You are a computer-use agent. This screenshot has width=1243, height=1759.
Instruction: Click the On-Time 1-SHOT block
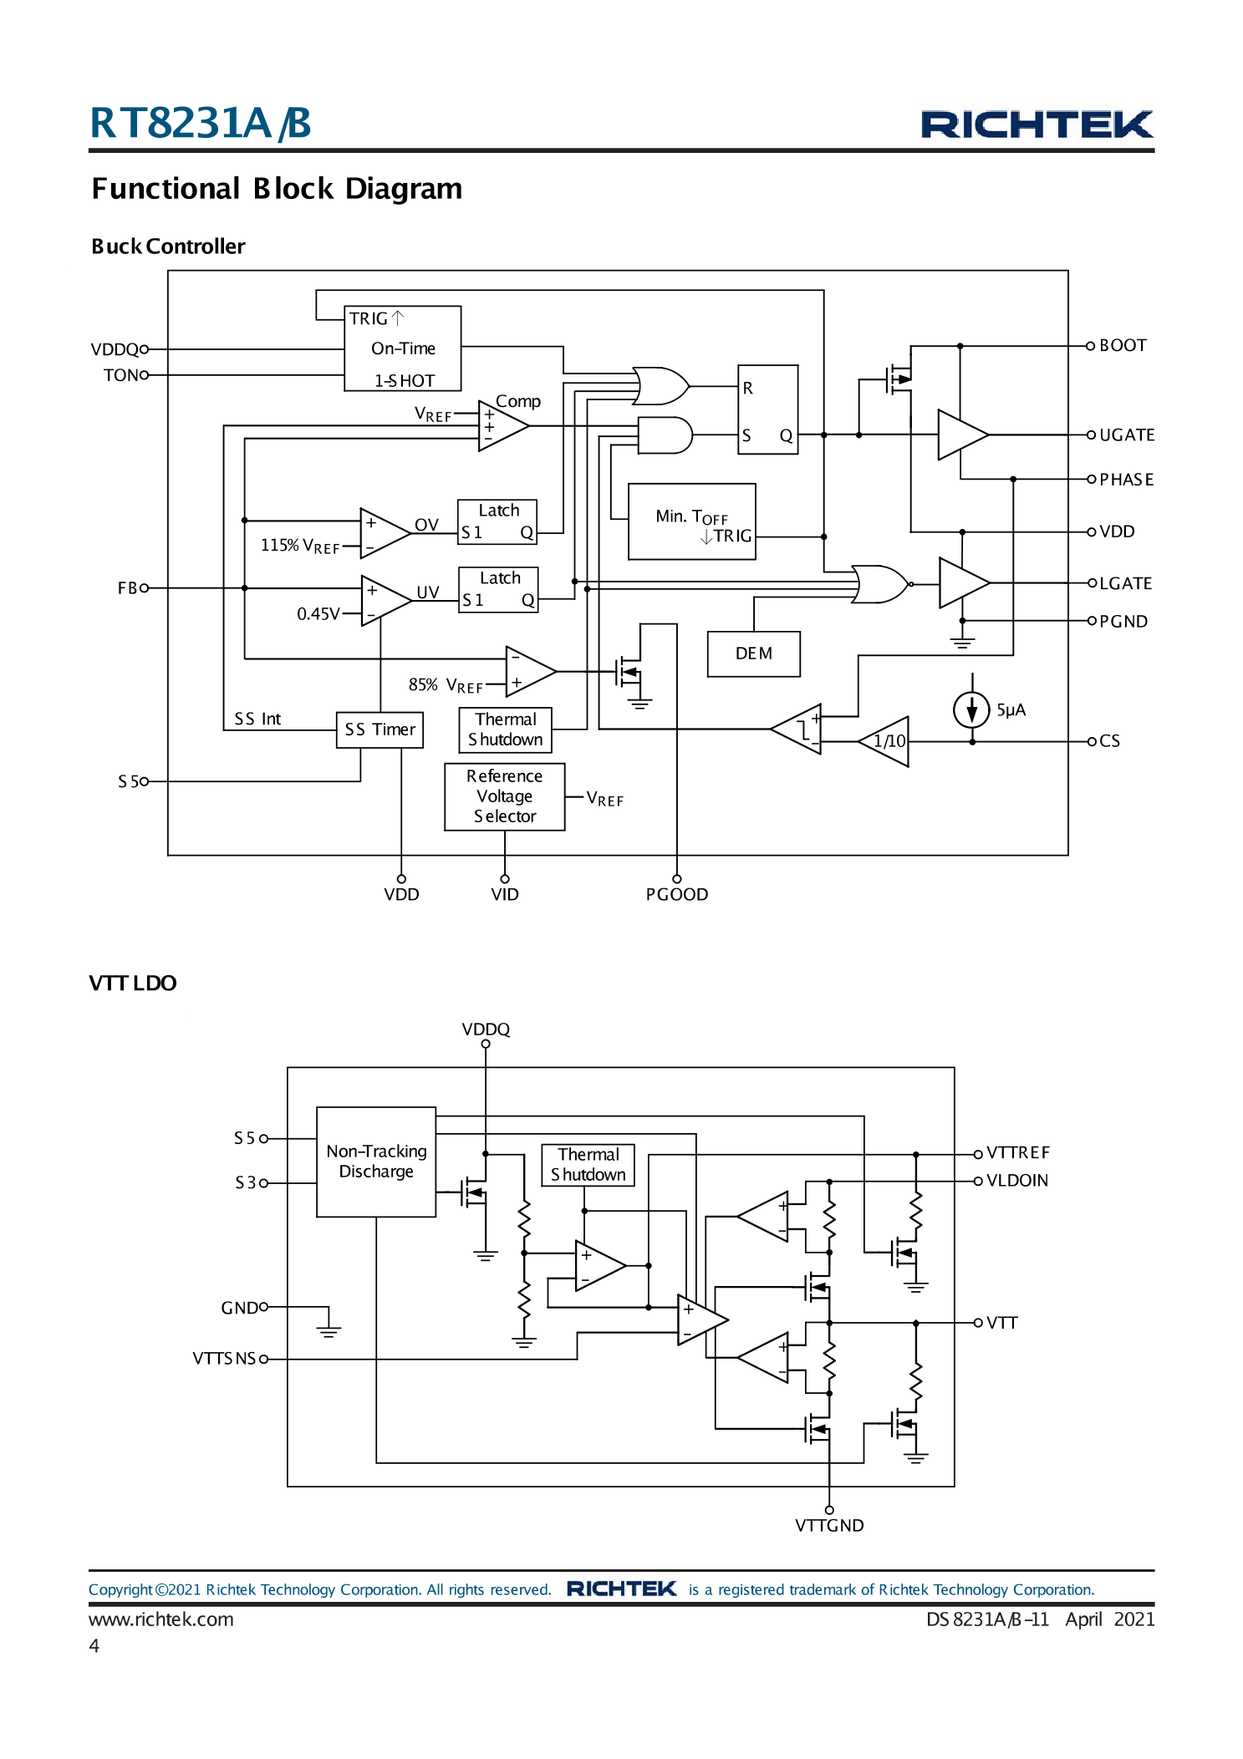[402, 348]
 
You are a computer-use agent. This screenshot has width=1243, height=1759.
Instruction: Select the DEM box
[753, 653]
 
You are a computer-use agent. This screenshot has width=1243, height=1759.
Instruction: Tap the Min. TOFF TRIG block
[691, 521]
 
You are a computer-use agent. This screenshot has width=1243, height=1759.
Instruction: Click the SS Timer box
[380, 730]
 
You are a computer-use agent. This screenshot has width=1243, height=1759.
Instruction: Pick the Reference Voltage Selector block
[504, 796]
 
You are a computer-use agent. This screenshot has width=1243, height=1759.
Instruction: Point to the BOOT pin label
[1122, 345]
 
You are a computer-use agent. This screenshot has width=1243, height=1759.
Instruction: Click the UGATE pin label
[1126, 435]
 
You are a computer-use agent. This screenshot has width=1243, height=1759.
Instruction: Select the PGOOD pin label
[676, 894]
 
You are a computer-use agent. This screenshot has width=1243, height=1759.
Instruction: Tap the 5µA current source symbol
[971, 710]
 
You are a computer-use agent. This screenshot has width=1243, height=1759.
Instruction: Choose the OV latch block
[497, 522]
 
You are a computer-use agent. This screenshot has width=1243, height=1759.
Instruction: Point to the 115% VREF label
[299, 546]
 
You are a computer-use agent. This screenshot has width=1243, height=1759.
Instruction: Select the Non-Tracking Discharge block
[376, 1162]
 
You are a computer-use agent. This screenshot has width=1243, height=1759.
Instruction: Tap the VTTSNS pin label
[223, 1359]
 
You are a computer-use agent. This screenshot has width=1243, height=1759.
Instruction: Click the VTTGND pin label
[828, 1525]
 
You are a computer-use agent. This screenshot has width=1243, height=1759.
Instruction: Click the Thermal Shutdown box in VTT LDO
[588, 1165]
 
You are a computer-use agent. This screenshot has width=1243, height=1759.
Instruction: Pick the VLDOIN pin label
[1016, 1181]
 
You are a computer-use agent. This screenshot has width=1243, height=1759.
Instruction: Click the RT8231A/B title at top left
[201, 123]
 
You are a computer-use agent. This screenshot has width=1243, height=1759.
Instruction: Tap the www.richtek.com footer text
[160, 1619]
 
